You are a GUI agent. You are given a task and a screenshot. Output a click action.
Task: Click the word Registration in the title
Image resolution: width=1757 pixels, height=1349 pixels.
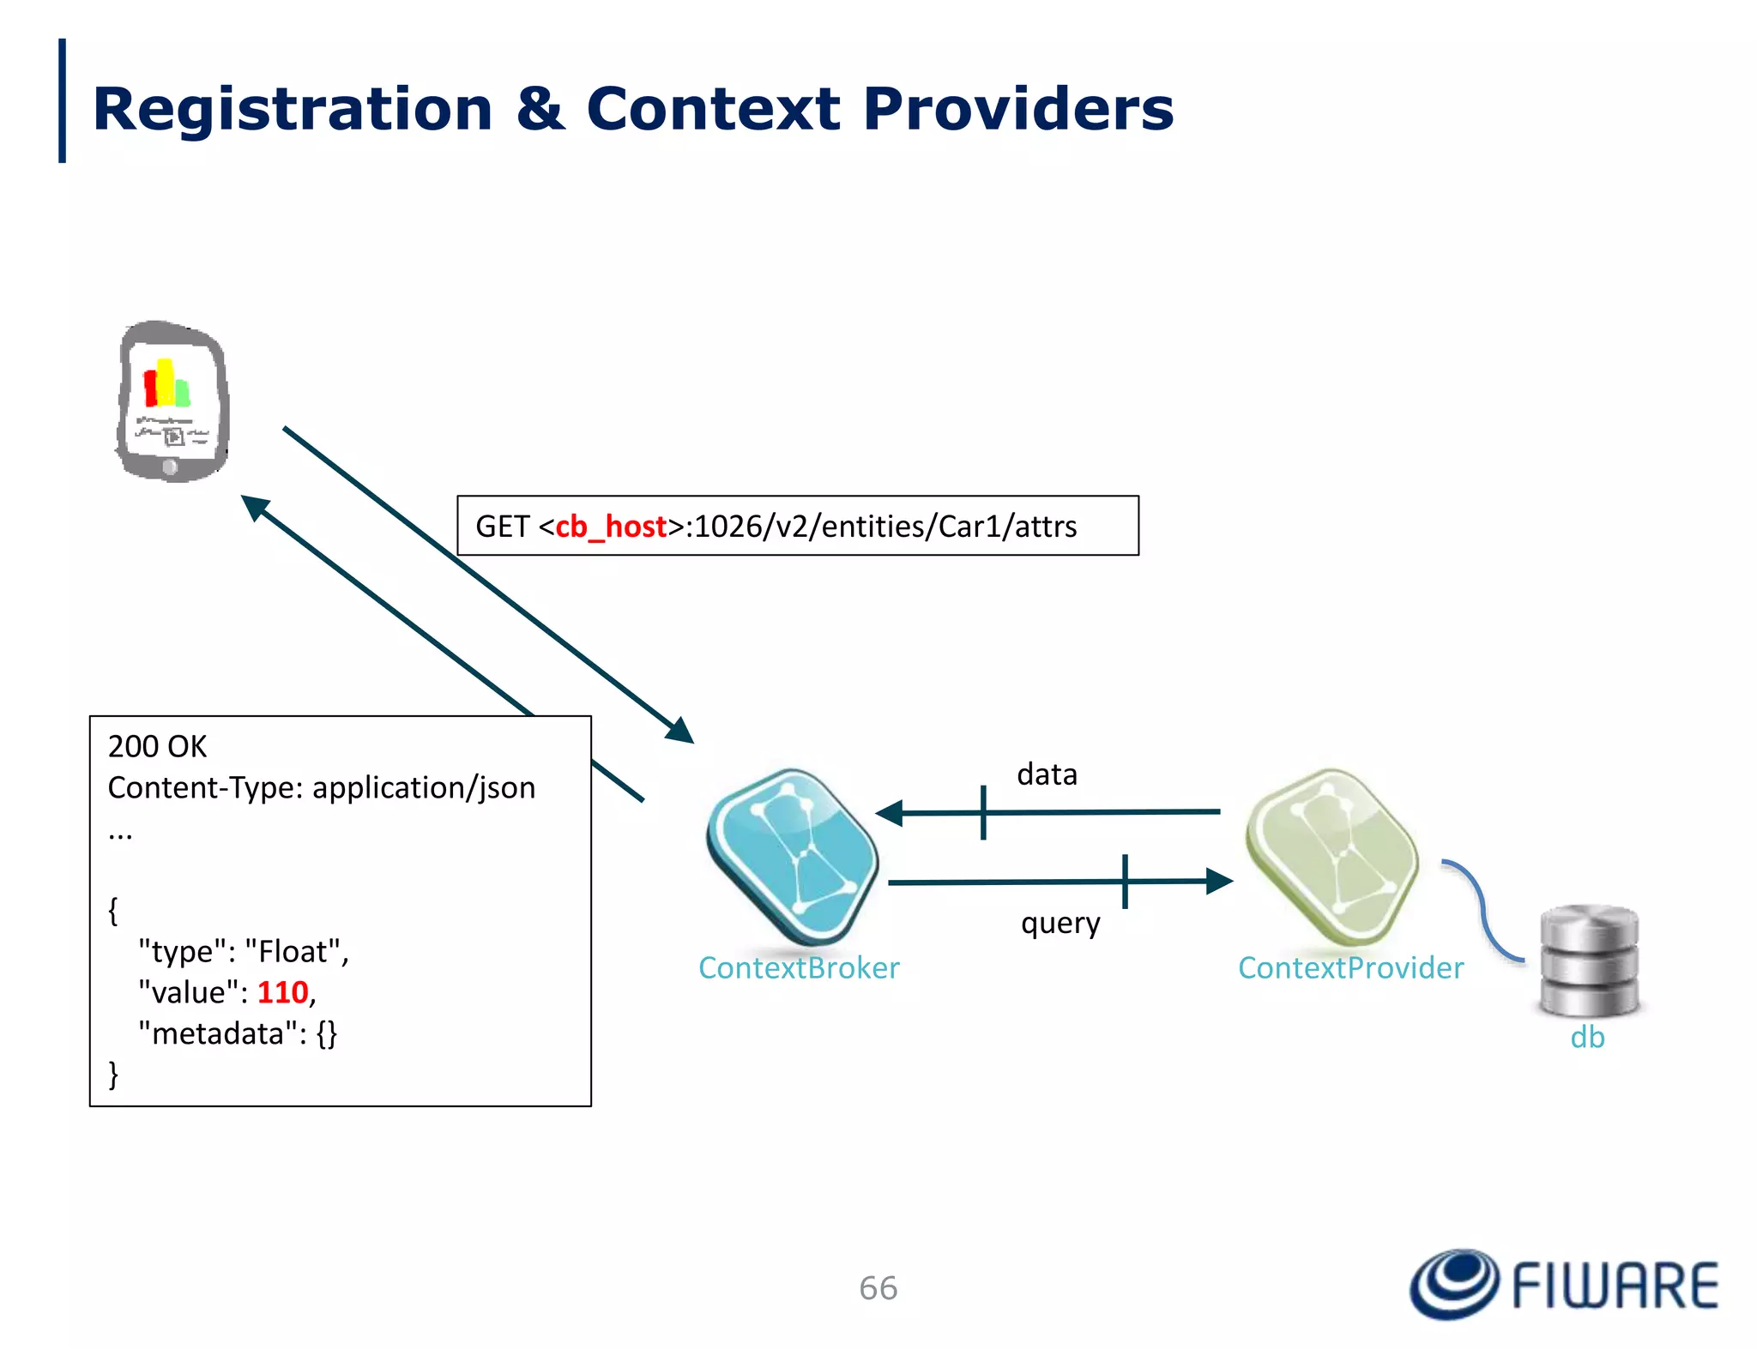click(292, 110)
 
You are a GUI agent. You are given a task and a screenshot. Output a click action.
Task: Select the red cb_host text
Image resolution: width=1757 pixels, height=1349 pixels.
click(611, 527)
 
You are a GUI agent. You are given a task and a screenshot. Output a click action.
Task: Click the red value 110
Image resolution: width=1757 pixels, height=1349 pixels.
click(282, 992)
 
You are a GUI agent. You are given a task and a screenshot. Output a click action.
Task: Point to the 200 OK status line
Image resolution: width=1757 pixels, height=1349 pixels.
click(158, 746)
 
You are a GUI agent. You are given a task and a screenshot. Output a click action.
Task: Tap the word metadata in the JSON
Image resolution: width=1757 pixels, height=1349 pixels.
click(217, 1033)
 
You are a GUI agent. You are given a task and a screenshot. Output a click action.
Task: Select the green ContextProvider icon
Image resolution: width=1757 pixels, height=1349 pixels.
click(1331, 856)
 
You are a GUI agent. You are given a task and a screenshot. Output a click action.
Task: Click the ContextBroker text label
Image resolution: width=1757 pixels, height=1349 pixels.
click(799, 968)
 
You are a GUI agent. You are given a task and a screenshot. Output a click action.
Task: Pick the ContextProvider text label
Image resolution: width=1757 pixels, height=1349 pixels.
click(1350, 968)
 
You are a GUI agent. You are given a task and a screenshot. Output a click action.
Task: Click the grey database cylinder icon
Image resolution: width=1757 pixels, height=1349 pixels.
click(1589, 960)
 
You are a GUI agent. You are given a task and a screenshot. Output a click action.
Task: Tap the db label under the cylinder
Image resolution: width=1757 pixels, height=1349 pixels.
click(1587, 1038)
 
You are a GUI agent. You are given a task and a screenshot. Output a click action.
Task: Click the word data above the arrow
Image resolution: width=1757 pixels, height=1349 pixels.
click(1047, 774)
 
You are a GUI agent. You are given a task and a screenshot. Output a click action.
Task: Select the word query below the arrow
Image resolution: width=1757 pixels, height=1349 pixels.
click(1060, 924)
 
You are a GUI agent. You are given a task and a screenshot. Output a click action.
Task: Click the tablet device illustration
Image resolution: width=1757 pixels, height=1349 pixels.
click(172, 401)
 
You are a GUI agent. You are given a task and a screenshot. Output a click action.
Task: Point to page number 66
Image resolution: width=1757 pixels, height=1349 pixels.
click(878, 1288)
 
